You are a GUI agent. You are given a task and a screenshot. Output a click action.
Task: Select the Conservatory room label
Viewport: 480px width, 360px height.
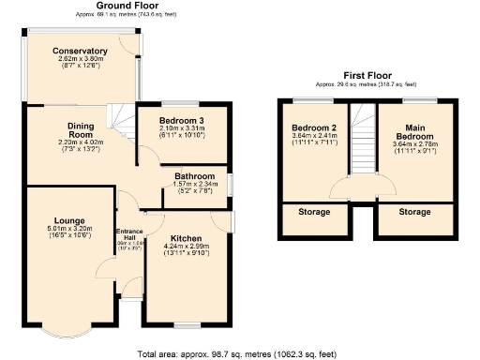pyautogui.click(x=80, y=51)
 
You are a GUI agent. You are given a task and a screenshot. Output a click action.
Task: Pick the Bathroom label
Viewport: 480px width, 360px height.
pyautogui.click(x=196, y=175)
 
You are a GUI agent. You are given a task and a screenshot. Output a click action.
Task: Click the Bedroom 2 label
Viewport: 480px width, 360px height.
pyautogui.click(x=313, y=127)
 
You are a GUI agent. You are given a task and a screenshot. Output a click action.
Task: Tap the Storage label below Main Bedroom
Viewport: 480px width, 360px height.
pyautogui.click(x=413, y=212)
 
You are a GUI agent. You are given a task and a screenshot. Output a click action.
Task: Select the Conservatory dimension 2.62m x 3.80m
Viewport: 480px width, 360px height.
pyautogui.click(x=80, y=59)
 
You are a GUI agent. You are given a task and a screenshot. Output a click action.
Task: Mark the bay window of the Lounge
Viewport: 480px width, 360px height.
pyautogui.click(x=68, y=332)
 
